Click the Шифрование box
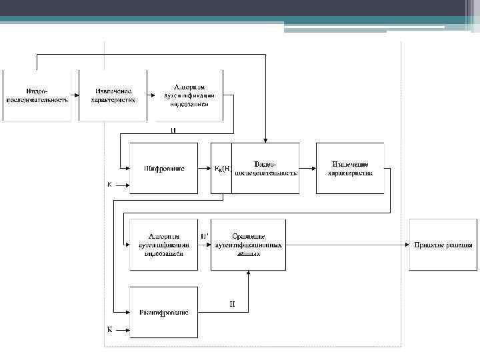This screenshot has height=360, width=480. coord(163,168)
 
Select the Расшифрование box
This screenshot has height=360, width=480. coord(163,312)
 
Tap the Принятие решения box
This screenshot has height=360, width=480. coord(443,245)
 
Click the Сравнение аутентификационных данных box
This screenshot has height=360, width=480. coord(248,245)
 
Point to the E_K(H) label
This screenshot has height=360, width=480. coord(221,169)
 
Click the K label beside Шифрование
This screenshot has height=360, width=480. coord(109,184)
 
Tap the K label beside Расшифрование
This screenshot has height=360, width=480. coord(109,329)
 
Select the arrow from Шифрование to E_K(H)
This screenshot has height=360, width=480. coord(204,169)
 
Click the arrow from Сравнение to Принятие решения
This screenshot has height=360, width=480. coord(347,245)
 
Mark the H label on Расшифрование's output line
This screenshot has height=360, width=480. coord(232,305)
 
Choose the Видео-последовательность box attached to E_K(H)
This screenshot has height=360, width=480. coord(265,168)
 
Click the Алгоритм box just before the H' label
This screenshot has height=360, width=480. coord(163,245)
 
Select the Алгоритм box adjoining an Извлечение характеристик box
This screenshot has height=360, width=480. coord(189,95)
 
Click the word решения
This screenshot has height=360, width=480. coord(459,245)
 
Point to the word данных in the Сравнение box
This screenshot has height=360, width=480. coord(248,253)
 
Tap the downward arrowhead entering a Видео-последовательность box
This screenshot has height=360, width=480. coord(265,139)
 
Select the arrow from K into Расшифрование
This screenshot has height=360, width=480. coord(121,329)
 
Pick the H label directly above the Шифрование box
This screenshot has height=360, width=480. coord(173,130)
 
